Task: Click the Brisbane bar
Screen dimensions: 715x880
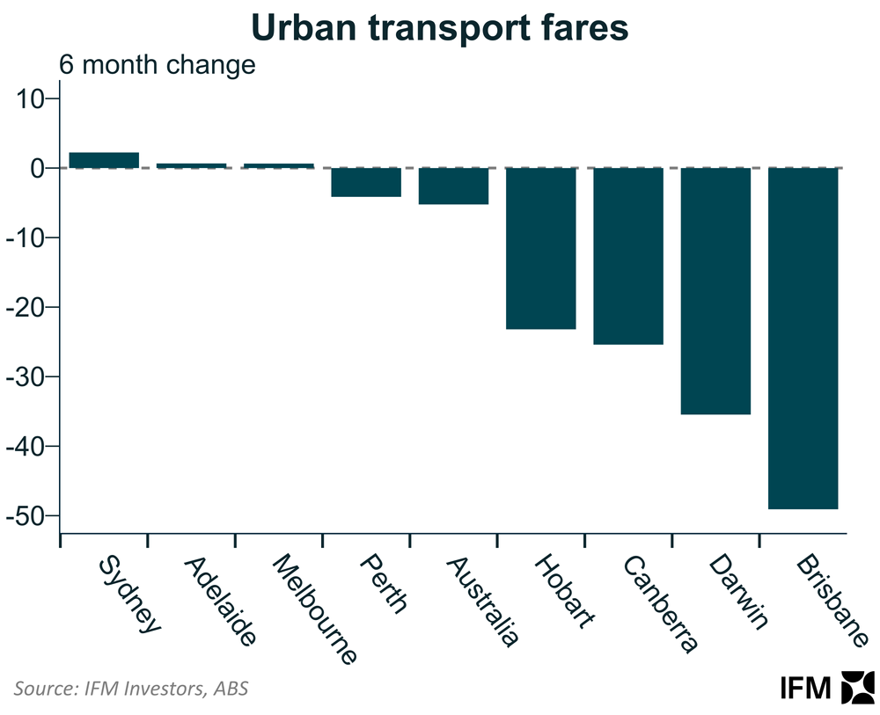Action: (x=803, y=338)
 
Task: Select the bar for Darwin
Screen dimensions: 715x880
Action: (x=716, y=290)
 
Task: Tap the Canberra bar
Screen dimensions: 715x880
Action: (x=628, y=256)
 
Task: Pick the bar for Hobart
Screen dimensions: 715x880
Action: (x=541, y=248)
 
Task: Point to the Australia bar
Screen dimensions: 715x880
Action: (x=453, y=186)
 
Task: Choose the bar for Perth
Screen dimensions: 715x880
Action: (x=366, y=182)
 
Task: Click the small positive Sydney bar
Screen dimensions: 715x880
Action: (x=104, y=160)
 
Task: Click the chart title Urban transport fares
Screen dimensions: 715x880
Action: (x=440, y=28)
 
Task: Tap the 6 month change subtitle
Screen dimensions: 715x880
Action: (x=157, y=65)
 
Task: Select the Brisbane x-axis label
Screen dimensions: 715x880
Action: (x=829, y=601)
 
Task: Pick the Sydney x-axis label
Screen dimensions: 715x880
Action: (x=130, y=594)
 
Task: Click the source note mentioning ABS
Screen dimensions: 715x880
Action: (x=130, y=688)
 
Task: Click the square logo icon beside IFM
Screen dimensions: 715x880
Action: (x=858, y=688)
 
